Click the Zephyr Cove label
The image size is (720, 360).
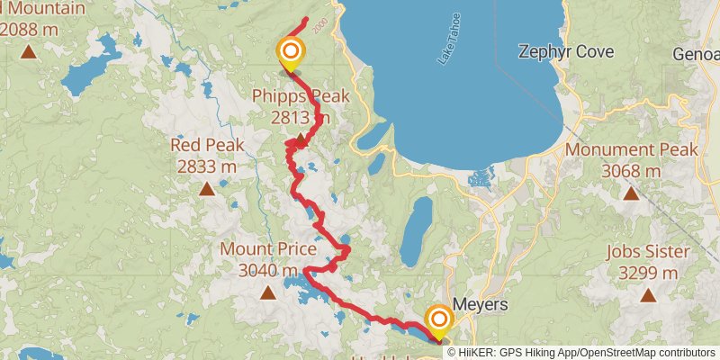coord(566,52)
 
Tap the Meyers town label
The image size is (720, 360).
coord(481,304)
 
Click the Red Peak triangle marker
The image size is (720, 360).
coord(207,188)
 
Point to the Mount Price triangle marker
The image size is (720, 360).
coord(267,292)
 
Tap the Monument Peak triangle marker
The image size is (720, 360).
coord(631,193)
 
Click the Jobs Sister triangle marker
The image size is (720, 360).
coord(648,294)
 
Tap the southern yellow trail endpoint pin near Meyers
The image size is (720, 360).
coord(439,321)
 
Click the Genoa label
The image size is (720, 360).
coord(697,54)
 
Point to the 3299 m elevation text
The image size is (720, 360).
coord(647,272)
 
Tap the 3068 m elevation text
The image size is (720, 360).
coord(631,171)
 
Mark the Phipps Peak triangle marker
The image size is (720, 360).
coord(300,137)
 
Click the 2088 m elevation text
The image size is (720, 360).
coord(31,28)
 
